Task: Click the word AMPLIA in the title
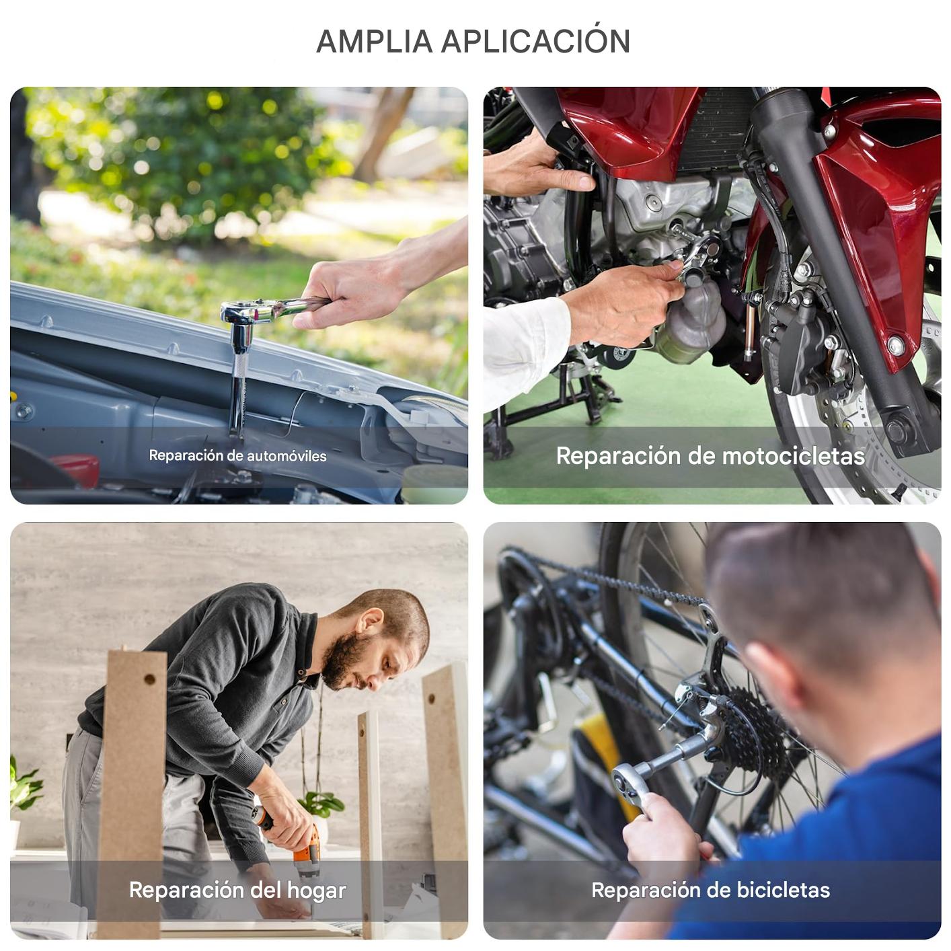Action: pyautogui.click(x=375, y=42)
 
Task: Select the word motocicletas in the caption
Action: pyautogui.click(x=794, y=456)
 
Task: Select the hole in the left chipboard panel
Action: pyautogui.click(x=149, y=679)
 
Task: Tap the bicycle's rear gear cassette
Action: pyautogui.click(x=757, y=732)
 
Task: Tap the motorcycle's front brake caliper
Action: pyautogui.click(x=802, y=346)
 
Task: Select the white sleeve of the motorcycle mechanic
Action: pyautogui.click(x=524, y=350)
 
